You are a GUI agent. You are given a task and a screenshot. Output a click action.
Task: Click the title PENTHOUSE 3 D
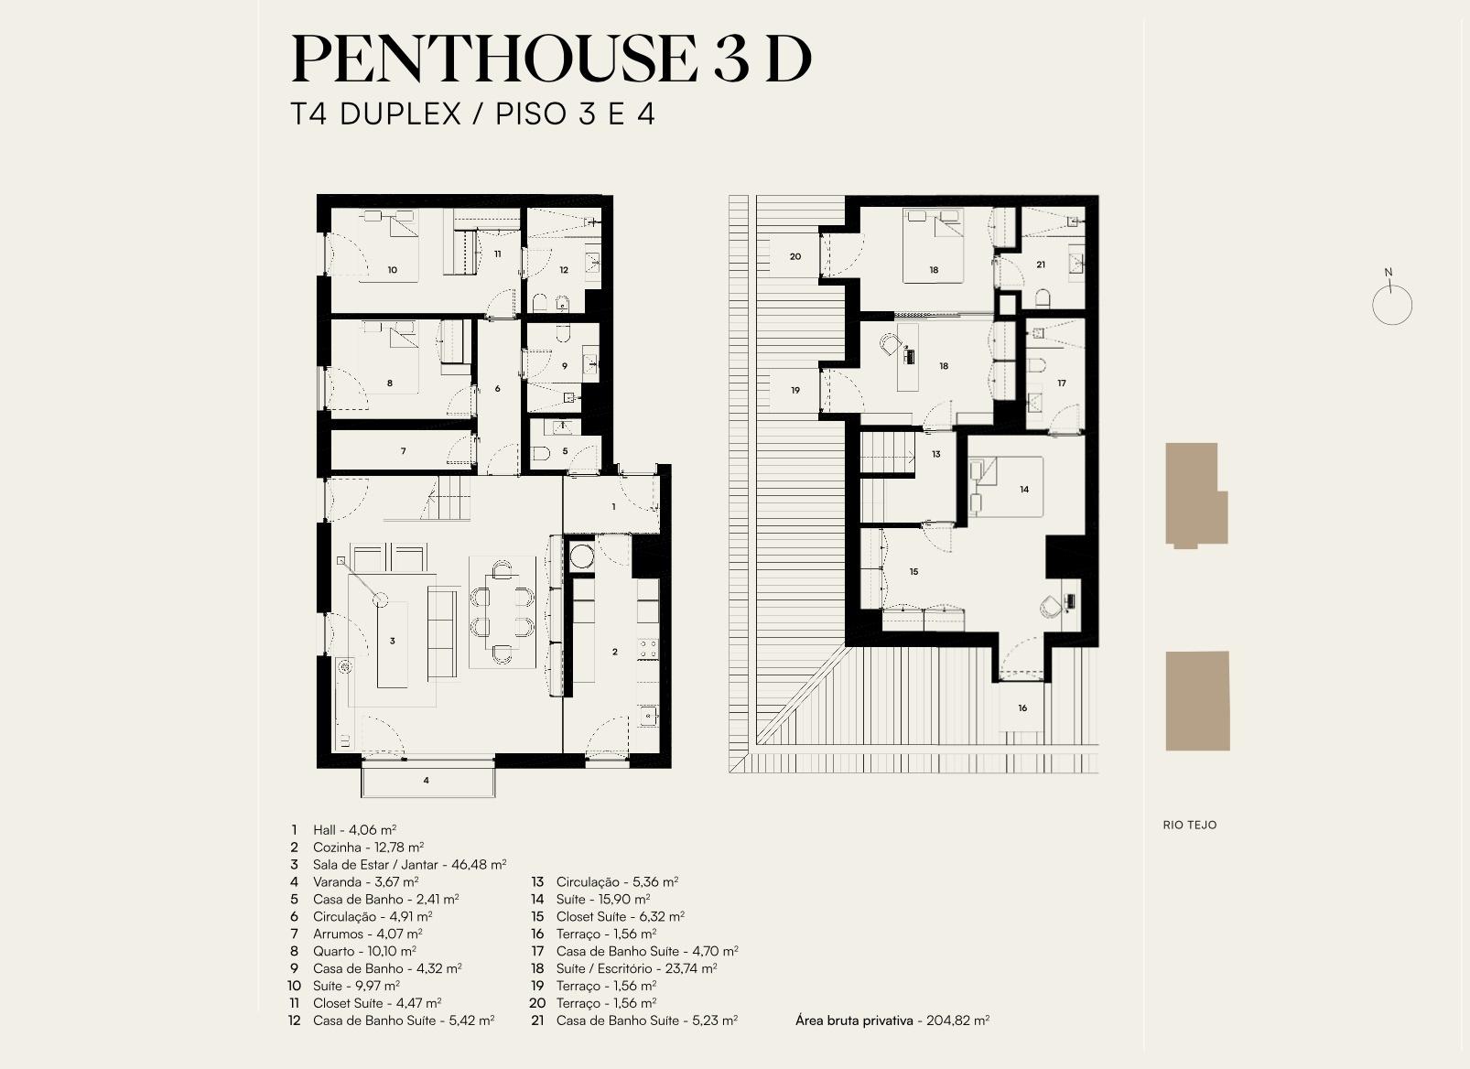click(551, 59)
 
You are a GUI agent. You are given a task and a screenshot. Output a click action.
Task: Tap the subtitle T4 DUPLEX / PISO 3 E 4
click(473, 114)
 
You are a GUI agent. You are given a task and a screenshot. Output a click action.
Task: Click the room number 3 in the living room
click(393, 641)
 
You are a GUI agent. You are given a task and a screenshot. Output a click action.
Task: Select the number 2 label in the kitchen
click(615, 652)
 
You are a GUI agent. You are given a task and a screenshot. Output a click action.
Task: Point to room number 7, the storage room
click(403, 451)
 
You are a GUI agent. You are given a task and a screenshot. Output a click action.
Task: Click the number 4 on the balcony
click(426, 781)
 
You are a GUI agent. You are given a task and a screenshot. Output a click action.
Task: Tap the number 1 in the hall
click(613, 507)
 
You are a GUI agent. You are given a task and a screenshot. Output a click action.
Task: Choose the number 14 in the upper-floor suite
click(1024, 489)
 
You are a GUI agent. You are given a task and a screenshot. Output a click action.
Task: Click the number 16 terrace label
click(1022, 708)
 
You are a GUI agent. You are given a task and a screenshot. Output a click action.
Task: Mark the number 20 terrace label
click(795, 256)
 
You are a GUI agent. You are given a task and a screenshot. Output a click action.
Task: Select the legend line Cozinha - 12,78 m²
click(368, 848)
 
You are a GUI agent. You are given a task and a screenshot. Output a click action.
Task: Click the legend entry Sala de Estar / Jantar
click(375, 865)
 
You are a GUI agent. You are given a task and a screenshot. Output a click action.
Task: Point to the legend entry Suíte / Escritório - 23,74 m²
click(636, 968)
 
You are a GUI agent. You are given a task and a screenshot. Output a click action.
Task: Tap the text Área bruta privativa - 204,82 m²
click(892, 1020)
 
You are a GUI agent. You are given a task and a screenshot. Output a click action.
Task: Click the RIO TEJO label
click(1190, 825)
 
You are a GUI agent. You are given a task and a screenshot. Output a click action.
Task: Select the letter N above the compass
click(1388, 273)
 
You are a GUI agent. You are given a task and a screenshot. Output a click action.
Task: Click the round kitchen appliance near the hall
click(581, 556)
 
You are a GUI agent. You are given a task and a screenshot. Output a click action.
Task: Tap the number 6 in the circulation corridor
click(497, 388)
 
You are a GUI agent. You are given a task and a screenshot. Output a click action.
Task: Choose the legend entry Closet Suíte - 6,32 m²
click(621, 917)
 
